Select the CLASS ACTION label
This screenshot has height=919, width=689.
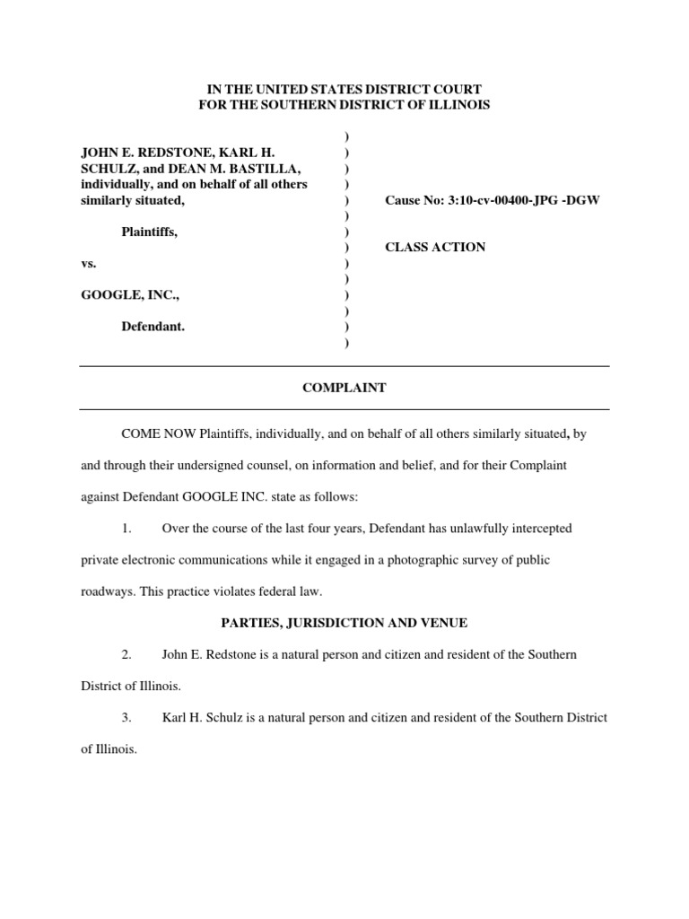coord(435,247)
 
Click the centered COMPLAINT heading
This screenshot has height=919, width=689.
coord(344,388)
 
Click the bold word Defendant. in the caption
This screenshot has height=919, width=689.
coord(153,327)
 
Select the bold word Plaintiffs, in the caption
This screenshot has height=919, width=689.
coord(150,232)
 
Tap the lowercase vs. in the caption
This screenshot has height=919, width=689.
coord(89,264)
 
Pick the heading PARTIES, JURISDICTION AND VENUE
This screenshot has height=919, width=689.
coord(344,623)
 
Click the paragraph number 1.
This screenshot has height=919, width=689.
coord(127,529)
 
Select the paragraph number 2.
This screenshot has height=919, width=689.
coord(127,654)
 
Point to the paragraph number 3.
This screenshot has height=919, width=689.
coord(127,717)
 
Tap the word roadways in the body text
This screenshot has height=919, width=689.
coord(106,591)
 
